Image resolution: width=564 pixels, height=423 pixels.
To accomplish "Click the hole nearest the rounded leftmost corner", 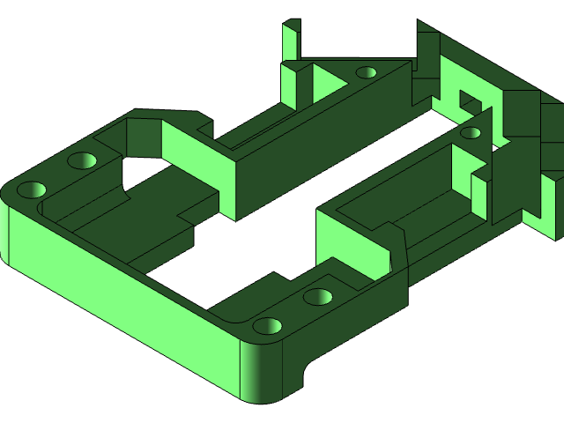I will pyautogui.click(x=33, y=189).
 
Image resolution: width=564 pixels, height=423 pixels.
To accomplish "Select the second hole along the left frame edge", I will pyautogui.click(x=83, y=161).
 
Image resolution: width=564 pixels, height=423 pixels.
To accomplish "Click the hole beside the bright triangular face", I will pyautogui.click(x=366, y=72).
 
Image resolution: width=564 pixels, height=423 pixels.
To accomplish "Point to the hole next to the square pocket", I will pyautogui.click(x=471, y=134).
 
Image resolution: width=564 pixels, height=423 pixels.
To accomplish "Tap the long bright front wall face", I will pyautogui.click(x=123, y=300).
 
